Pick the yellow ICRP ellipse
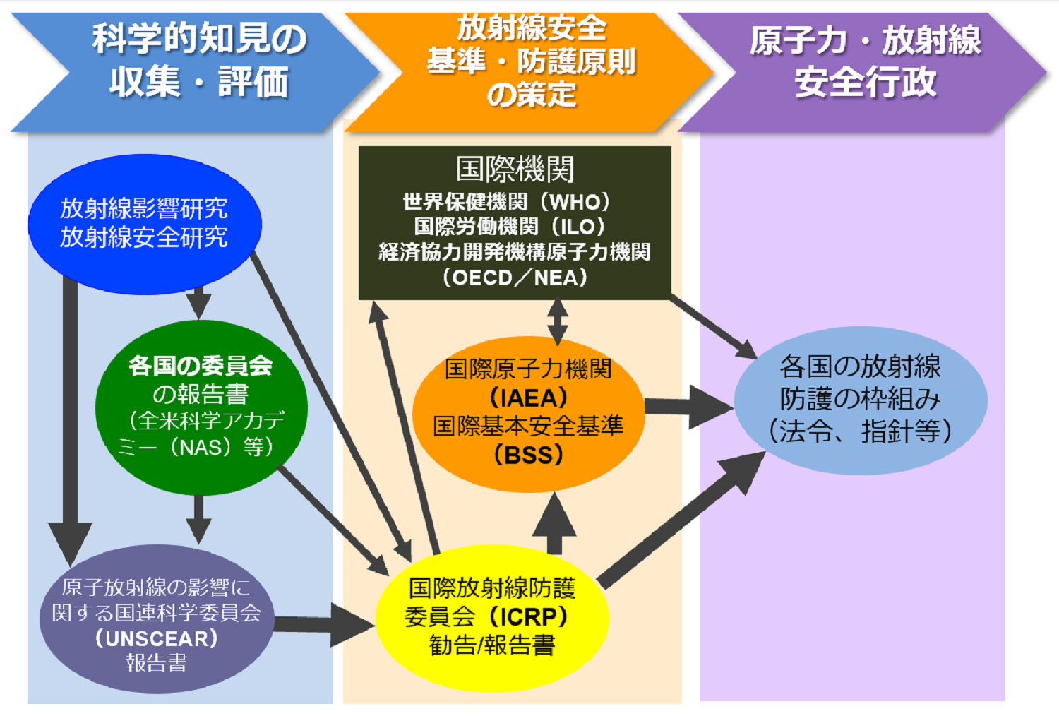pos(491,617)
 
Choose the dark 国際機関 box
pos(515,223)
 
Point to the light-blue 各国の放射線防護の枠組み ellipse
pos(860,400)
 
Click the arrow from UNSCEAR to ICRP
pos(321,623)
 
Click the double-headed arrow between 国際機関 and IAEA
pos(558,321)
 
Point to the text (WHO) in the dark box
pos(575,202)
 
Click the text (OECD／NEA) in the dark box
pos(515,278)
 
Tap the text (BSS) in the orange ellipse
pos(528,455)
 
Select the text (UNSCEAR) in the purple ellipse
pos(156,638)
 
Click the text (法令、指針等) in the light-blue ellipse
pos(860,431)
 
